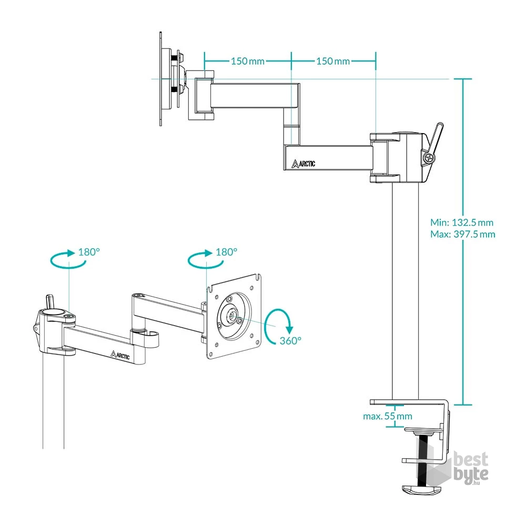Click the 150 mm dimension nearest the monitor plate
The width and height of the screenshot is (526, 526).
[247, 61]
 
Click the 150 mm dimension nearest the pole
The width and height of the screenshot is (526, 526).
[332, 61]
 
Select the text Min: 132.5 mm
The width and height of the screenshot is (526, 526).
[461, 222]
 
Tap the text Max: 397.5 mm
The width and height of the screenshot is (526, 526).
[462, 234]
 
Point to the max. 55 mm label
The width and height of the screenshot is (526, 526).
[388, 416]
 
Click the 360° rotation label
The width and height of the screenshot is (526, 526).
[291, 340]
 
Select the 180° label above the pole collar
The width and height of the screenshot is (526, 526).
[88, 251]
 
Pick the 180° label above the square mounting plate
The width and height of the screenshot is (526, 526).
[227, 251]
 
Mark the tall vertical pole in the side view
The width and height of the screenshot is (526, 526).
[406, 289]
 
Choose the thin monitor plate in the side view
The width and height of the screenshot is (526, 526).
[160, 79]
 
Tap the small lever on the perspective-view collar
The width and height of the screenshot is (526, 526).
[49, 302]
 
